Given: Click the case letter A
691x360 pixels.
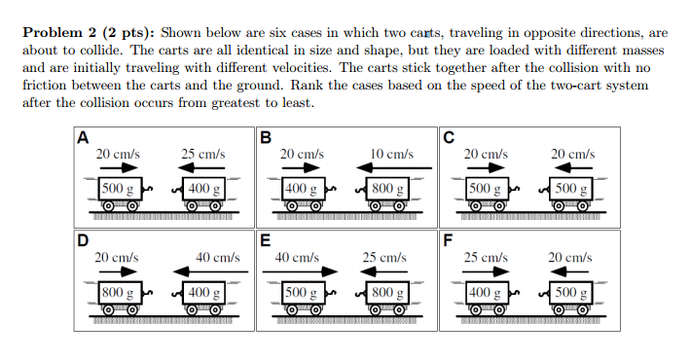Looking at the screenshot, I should tap(83, 136).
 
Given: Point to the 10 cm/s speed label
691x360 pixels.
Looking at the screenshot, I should tap(392, 155).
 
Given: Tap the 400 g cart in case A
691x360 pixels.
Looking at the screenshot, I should tap(205, 192).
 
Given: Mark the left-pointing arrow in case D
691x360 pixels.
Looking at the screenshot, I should tap(200, 272).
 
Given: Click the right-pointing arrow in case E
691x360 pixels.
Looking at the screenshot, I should tap(301, 272).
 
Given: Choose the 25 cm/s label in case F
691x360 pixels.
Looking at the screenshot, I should tap(484, 258).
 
